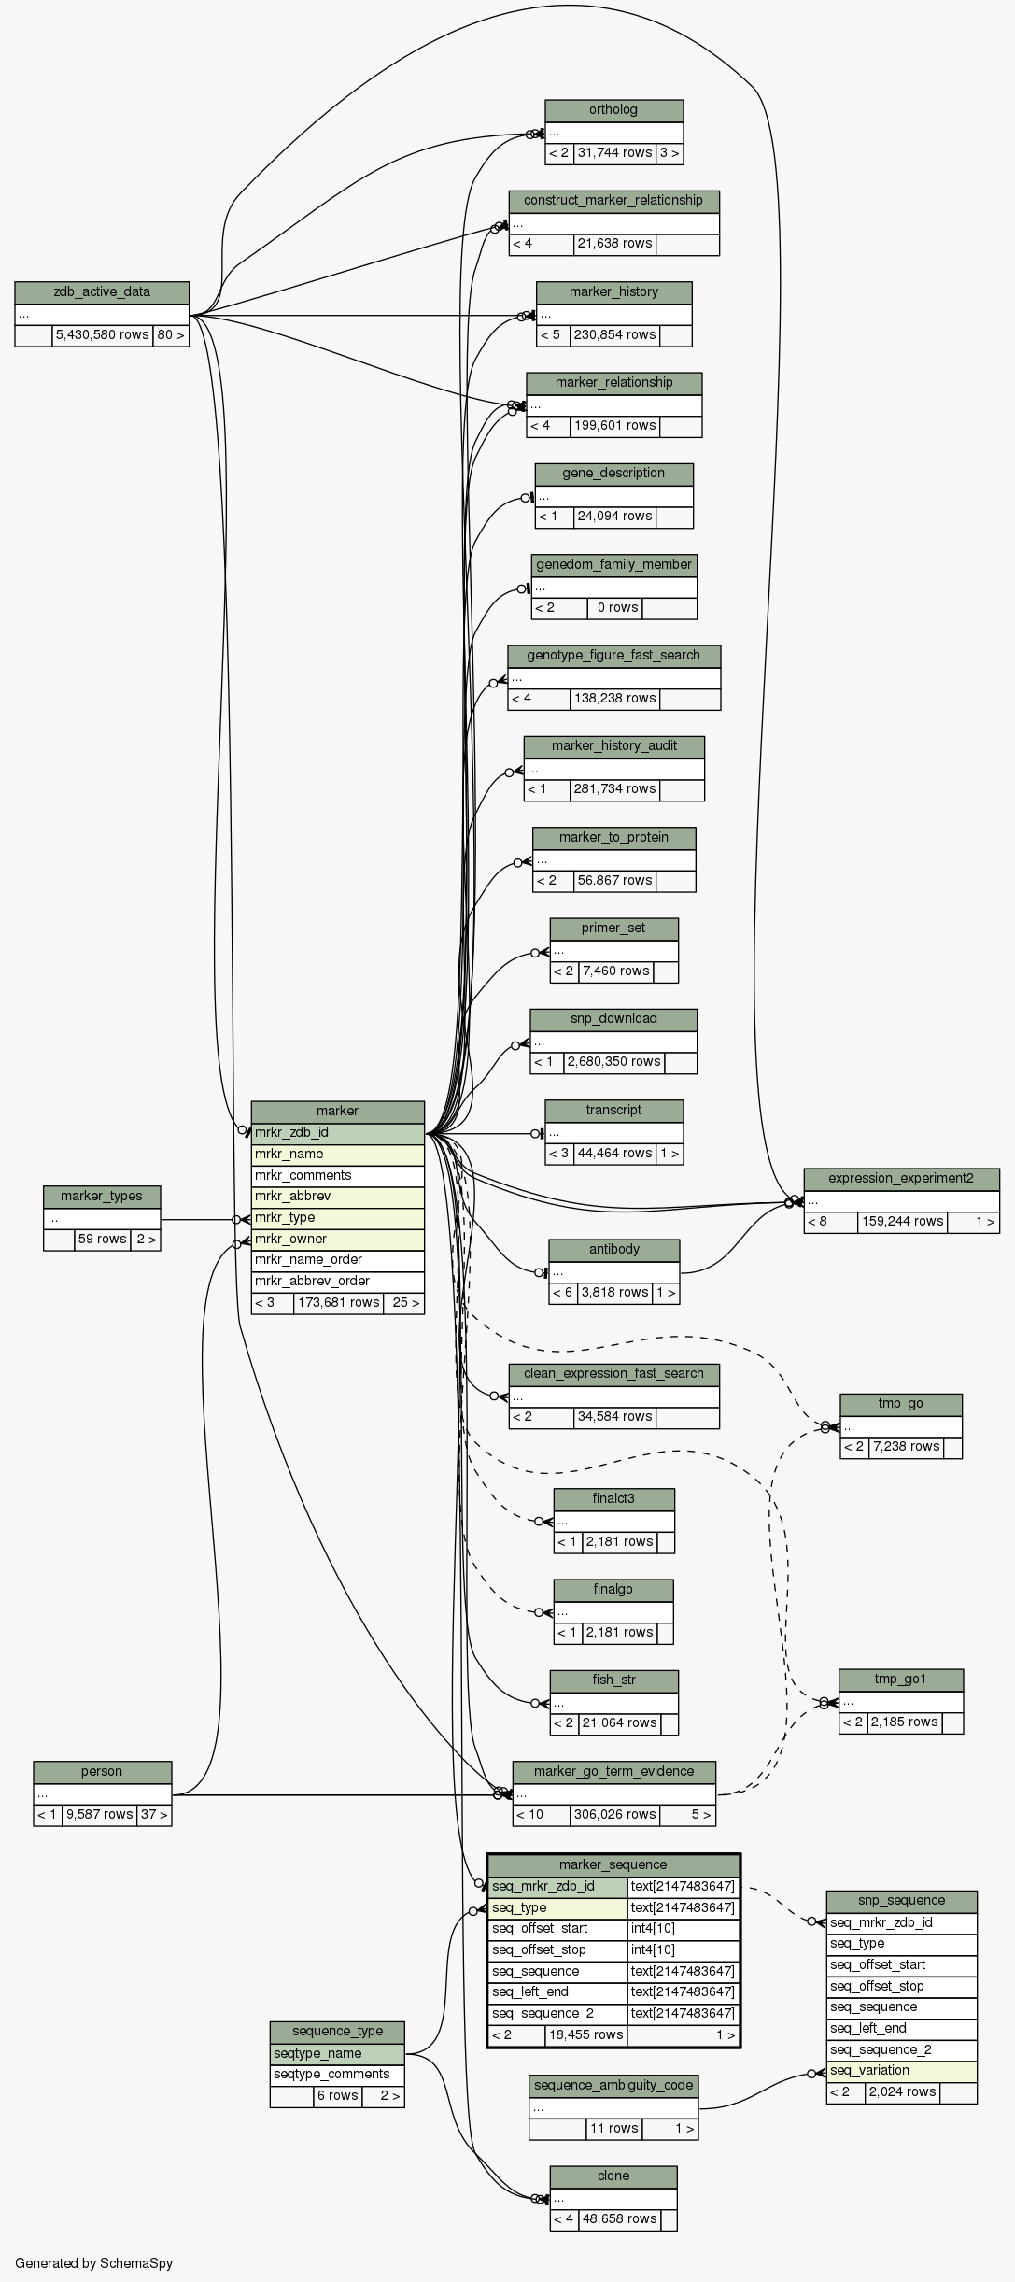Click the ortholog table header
click(613, 110)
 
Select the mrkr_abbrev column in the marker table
click(337, 1197)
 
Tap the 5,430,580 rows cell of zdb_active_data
click(102, 335)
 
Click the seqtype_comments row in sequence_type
click(336, 2075)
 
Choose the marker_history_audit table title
click(613, 746)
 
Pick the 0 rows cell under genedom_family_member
click(616, 608)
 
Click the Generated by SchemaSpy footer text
click(93, 2263)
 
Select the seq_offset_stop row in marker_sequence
click(557, 1950)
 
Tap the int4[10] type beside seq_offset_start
click(684, 1929)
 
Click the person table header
click(102, 1772)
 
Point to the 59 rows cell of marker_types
click(102, 1240)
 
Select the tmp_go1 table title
click(900, 1680)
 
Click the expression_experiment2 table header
click(901, 1179)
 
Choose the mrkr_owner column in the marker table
click(337, 1240)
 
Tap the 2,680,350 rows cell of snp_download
click(613, 1062)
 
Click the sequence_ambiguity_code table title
click(613, 2086)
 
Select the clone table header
click(613, 2176)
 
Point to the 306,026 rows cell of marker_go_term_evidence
click(614, 1815)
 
